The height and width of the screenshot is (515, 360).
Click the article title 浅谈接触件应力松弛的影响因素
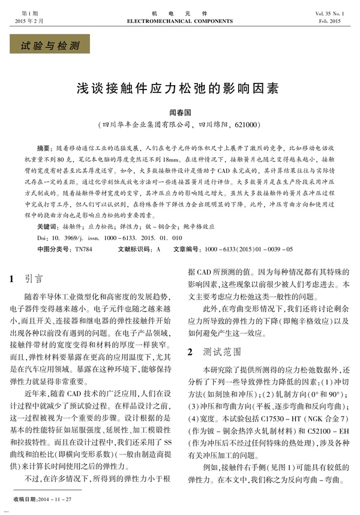[x=180, y=88]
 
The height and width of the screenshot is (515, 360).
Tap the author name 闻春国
[x=179, y=112]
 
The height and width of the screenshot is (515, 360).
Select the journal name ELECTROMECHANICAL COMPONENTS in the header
[x=180, y=20]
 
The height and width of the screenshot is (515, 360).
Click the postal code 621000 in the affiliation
[x=243, y=124]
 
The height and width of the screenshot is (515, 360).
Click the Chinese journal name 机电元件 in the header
[x=180, y=12]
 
